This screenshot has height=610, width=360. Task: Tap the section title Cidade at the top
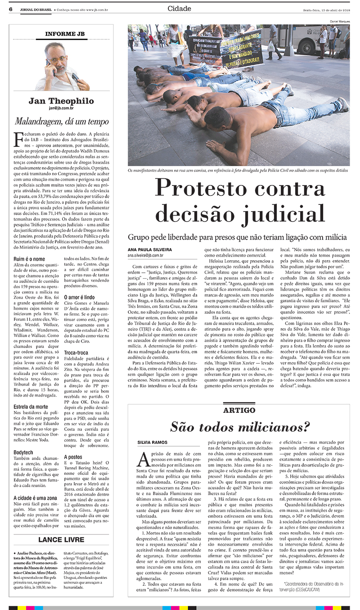click(x=179, y=9)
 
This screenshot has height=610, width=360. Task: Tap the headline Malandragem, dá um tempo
click(x=62, y=121)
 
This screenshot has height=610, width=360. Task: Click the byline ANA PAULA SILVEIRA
click(x=150, y=249)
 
